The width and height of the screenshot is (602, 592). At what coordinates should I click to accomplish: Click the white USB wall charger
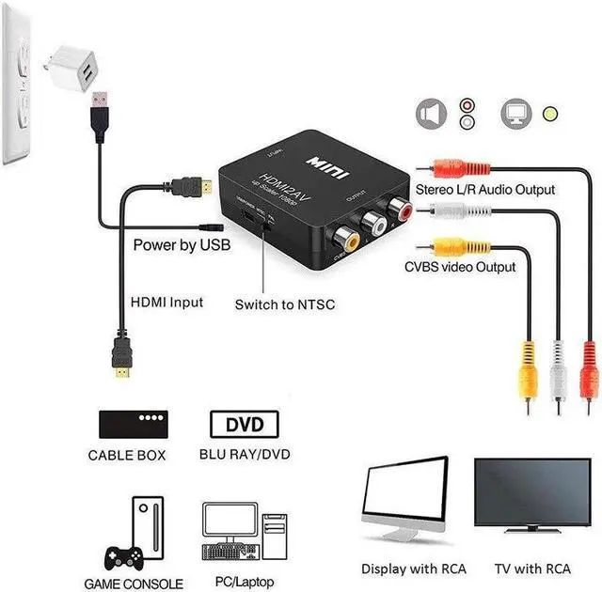click(x=74, y=67)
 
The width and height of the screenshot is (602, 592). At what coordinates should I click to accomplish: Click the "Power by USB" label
click(x=181, y=245)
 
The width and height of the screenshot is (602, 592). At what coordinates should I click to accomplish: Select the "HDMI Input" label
click(x=167, y=304)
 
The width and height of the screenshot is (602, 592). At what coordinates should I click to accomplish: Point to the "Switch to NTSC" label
click(x=284, y=304)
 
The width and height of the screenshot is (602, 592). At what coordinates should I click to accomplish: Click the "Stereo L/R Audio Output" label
click(x=485, y=189)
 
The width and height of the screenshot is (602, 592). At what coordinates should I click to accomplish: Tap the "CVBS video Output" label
click(x=460, y=266)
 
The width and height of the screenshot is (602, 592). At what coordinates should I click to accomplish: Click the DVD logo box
click(x=244, y=424)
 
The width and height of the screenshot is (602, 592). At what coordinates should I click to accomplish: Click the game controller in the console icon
click(x=121, y=554)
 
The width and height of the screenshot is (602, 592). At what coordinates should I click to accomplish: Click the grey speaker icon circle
click(x=430, y=115)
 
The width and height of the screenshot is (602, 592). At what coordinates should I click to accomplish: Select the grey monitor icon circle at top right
click(x=515, y=115)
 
